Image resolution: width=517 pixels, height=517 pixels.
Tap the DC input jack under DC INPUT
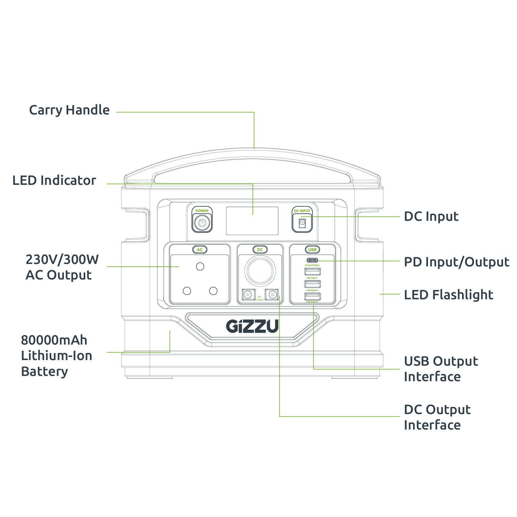(302, 222)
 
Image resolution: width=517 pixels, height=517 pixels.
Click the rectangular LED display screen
(252, 221)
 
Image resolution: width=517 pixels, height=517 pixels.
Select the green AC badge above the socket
(200, 250)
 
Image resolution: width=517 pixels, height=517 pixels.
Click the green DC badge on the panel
(260, 250)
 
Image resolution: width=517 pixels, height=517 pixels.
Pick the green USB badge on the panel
(312, 250)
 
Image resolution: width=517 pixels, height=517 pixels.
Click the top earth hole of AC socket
(200, 266)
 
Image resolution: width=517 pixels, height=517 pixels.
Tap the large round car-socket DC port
(260, 271)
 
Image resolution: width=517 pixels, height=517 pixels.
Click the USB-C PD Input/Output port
(312, 260)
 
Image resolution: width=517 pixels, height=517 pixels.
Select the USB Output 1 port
(312, 272)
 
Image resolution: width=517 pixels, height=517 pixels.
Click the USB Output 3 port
(312, 296)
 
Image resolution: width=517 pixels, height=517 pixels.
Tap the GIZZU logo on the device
(252, 326)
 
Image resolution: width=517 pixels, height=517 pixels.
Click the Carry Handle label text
(69, 110)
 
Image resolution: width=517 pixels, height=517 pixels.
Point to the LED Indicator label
(54, 181)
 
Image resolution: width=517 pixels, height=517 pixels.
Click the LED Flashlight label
(448, 295)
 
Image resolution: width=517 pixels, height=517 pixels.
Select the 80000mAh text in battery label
(54, 340)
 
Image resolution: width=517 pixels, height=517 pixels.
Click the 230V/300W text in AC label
(62, 260)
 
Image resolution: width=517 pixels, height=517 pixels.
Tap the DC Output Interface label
(437, 417)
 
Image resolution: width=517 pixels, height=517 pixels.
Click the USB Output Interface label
(440, 369)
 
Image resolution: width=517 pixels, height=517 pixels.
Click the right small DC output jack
(272, 295)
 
